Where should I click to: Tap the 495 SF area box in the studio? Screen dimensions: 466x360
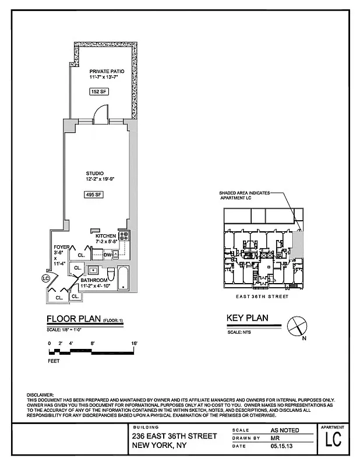pyautogui.click(x=94, y=195)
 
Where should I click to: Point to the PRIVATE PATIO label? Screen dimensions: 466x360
pyautogui.click(x=107, y=71)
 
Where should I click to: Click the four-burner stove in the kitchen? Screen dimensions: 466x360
pyautogui.click(x=123, y=236)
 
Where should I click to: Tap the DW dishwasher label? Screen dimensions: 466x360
pyautogui.click(x=107, y=255)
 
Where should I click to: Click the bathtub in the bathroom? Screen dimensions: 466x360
pyautogui.click(x=123, y=278)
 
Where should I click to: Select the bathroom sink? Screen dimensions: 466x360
pyautogui.click(x=93, y=271)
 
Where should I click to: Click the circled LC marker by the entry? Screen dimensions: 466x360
pyautogui.click(x=46, y=278)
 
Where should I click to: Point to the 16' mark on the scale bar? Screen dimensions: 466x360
pyautogui.click(x=134, y=343)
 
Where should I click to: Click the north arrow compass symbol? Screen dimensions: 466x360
pyautogui.click(x=297, y=325)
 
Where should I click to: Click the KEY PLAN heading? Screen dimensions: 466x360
pyautogui.click(x=246, y=319)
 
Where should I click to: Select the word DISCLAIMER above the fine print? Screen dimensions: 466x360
pyautogui.click(x=40, y=395)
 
